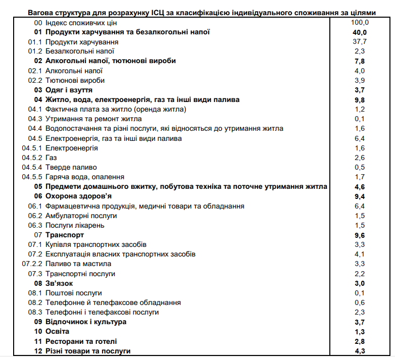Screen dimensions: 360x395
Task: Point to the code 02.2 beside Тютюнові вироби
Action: click(x=34, y=80)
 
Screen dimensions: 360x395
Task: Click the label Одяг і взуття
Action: click(x=69, y=90)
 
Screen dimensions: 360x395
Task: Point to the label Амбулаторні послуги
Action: click(x=81, y=216)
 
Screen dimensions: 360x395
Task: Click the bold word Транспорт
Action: click(x=65, y=235)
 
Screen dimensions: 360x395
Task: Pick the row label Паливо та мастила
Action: click(x=78, y=264)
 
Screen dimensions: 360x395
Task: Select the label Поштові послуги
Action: click(x=74, y=293)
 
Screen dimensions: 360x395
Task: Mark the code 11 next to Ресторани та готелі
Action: click(x=38, y=341)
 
